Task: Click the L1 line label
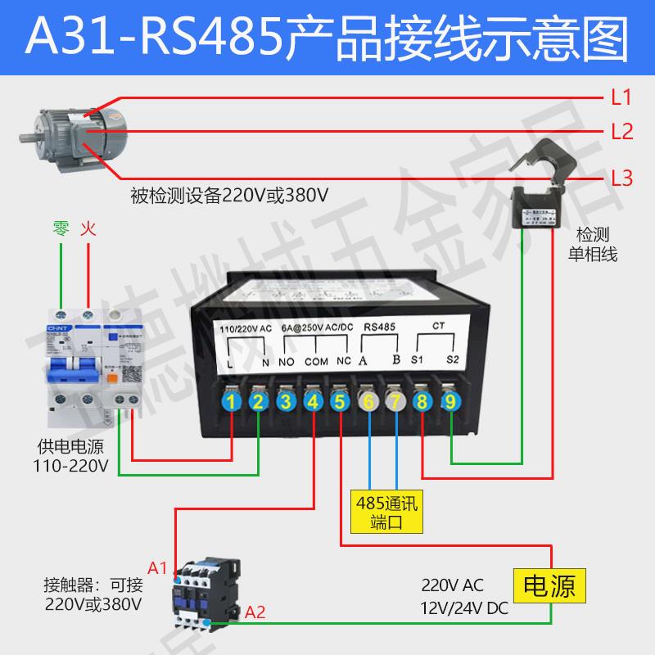(621, 99)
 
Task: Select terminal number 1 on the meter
(233, 401)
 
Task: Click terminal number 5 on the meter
(339, 401)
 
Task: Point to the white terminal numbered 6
(368, 401)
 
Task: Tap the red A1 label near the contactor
(157, 567)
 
